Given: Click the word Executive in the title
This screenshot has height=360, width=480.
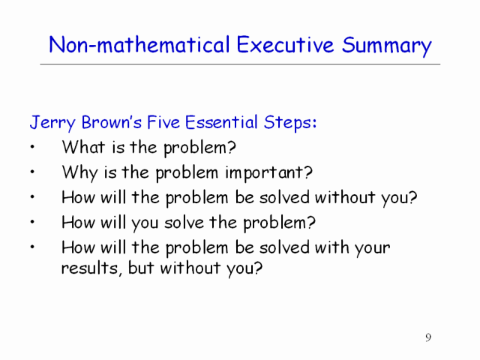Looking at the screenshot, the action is pyautogui.click(x=285, y=45).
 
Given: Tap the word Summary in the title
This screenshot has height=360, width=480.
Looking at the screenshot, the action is pyautogui.click(x=387, y=46).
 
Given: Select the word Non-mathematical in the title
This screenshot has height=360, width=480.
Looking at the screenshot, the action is pyautogui.click(x=139, y=45).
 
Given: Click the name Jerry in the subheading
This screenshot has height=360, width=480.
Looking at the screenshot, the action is pyautogui.click(x=52, y=123).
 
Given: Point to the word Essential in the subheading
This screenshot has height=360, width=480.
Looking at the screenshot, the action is pyautogui.click(x=221, y=122).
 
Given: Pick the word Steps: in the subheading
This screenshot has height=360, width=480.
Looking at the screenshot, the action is pyautogui.click(x=290, y=123).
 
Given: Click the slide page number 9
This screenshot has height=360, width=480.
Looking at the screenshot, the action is pyautogui.click(x=428, y=337).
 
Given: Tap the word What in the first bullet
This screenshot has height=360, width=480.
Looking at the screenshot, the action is pyautogui.click(x=83, y=147).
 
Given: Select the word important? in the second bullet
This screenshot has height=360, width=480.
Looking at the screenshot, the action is pyautogui.click(x=269, y=173).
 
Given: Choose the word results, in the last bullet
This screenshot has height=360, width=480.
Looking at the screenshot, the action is pyautogui.click(x=91, y=268).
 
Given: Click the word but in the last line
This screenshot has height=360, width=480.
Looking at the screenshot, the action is pyautogui.click(x=141, y=268).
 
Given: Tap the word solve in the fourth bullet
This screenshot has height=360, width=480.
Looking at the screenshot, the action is pyautogui.click(x=184, y=223).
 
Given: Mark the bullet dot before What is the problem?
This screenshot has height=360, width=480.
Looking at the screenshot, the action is pyautogui.click(x=32, y=147).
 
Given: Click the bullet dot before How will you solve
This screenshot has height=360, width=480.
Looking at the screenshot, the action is pyautogui.click(x=32, y=222).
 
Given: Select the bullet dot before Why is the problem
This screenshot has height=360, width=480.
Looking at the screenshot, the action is pyautogui.click(x=32, y=172).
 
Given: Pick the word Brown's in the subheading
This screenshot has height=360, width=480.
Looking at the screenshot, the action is pyautogui.click(x=112, y=122).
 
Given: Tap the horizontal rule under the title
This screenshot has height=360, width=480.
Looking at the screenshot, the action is pyautogui.click(x=240, y=64).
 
